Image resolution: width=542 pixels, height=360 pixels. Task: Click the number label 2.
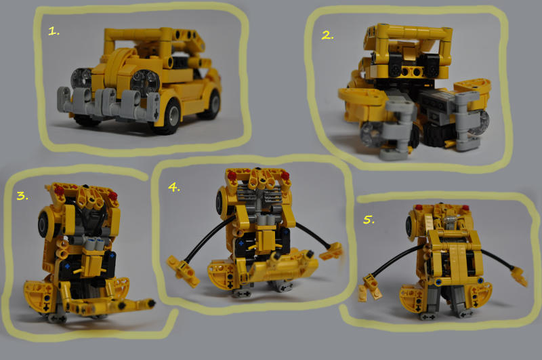point(328,35)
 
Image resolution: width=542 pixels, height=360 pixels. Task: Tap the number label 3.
point(22,196)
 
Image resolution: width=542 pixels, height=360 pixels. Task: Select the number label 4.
point(174,188)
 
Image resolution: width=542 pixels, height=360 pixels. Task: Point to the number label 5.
point(369,220)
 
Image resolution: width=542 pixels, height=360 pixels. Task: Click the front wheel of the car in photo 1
point(169,112)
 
